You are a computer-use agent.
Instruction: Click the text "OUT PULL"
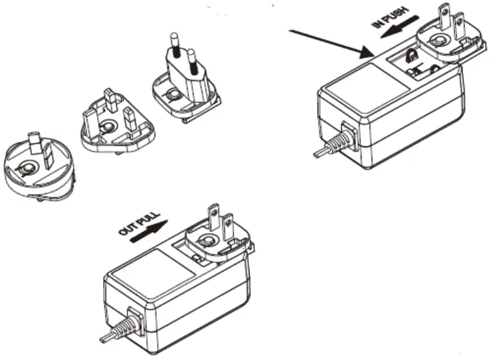[136, 223]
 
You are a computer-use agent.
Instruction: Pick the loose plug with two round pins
[183, 83]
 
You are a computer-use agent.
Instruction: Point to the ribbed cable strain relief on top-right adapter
[342, 141]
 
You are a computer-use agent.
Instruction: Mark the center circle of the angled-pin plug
[25, 169]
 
